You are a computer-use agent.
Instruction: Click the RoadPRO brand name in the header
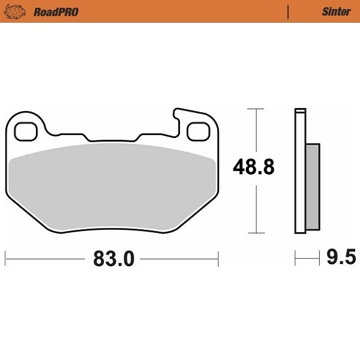pyautogui.click(x=56, y=11)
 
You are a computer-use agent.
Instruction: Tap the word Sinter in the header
pyautogui.click(x=336, y=11)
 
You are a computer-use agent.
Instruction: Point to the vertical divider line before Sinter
pyautogui.click(x=289, y=11)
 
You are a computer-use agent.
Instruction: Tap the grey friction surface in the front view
pyautogui.click(x=114, y=186)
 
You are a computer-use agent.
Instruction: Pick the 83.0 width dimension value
pyautogui.click(x=114, y=259)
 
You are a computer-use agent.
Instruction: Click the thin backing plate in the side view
pyautogui.click(x=300, y=171)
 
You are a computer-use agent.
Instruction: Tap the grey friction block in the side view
pyautogui.click(x=313, y=186)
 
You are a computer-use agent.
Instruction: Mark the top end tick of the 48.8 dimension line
pyautogui.click(x=256, y=110)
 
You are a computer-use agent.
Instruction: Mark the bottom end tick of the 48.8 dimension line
pyautogui.click(x=256, y=233)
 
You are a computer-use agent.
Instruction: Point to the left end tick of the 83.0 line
pyautogui.click(x=5, y=259)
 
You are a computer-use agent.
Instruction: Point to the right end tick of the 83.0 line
pyautogui.click(x=218, y=259)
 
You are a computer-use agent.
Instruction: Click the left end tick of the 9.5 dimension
pyautogui.click(x=296, y=259)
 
